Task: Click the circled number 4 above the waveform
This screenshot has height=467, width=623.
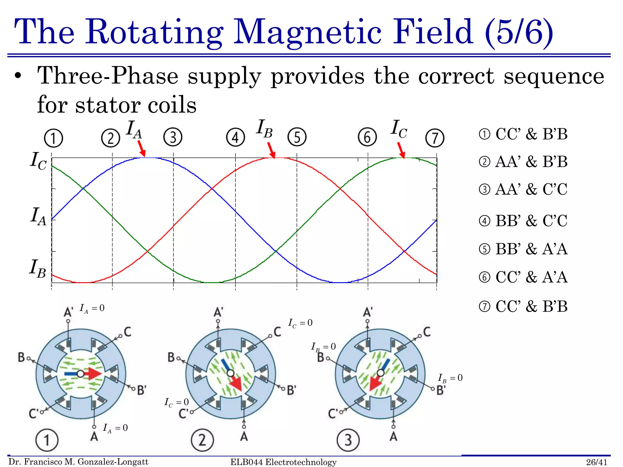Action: pos(235,137)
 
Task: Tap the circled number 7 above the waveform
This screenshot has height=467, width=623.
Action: pos(435,138)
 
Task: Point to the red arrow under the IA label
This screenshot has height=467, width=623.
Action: pos(141,149)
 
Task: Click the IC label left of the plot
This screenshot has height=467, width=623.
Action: pos(38,161)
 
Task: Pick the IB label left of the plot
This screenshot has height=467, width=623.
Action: pos(38,268)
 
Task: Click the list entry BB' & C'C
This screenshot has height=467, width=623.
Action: pos(531,221)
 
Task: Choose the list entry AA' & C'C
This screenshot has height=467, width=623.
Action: pos(531,189)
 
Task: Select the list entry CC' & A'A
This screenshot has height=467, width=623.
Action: pos(531,277)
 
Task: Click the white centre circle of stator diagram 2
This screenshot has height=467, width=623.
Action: pos(230,373)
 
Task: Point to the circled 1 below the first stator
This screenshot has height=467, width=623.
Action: pos(47,440)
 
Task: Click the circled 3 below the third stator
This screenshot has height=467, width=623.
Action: pos(348,440)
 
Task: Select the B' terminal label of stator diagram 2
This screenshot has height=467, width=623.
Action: pos(291,390)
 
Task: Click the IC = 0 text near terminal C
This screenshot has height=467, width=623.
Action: pos(300,323)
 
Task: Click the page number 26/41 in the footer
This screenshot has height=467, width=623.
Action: pos(597,462)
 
